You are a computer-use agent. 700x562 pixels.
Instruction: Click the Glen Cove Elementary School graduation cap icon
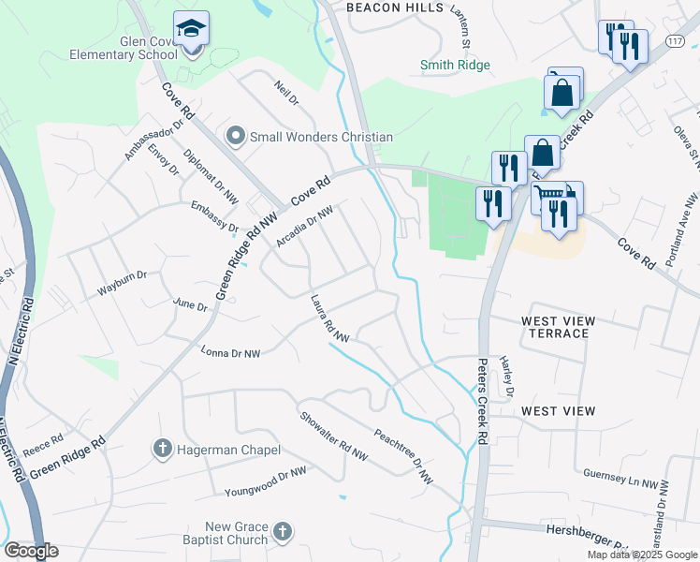click(x=192, y=30)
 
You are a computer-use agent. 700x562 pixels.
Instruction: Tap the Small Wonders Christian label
click(x=321, y=137)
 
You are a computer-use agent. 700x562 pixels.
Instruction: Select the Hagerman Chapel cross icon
click(x=162, y=450)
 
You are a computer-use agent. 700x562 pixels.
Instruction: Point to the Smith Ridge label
click(x=455, y=65)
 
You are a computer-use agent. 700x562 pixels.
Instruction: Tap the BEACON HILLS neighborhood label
click(x=395, y=7)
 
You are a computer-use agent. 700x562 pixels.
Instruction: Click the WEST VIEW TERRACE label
click(x=558, y=327)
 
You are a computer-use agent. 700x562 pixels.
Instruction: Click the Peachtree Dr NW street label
click(x=403, y=456)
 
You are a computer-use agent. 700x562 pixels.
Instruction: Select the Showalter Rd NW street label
click(x=333, y=436)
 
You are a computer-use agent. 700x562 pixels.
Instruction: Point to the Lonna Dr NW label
click(x=231, y=352)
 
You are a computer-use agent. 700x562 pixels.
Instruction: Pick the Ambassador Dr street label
click(x=145, y=140)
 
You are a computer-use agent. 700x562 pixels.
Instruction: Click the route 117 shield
click(x=675, y=43)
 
